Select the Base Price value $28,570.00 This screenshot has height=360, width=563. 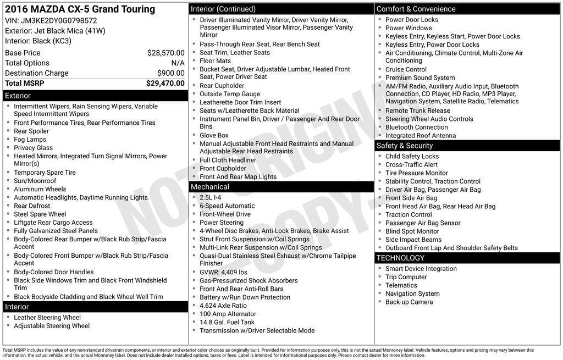click(165, 53)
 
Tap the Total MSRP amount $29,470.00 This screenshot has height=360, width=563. click(165, 84)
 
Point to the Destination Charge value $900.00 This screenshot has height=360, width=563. click(171, 73)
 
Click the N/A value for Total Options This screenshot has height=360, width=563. click(178, 63)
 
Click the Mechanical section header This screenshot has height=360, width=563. click(210, 187)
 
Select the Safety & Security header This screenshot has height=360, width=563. click(405, 146)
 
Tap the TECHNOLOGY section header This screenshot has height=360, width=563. click(400, 258)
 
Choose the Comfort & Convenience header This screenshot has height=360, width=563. click(416, 9)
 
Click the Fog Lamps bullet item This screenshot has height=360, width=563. click(30, 140)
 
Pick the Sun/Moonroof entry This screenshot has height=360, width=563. click(35, 181)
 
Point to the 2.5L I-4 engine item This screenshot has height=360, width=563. click(211, 197)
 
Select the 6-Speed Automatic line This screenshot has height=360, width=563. click(219, 206)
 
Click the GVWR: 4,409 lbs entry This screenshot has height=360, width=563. click(223, 272)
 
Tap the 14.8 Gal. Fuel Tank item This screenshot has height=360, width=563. click(227, 322)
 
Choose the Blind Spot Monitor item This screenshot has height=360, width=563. click(412, 231)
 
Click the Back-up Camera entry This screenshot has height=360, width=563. click(409, 302)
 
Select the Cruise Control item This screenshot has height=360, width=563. click(406, 69)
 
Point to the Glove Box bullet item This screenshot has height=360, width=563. click(214, 135)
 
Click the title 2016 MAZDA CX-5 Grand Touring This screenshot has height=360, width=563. click(80, 9)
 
